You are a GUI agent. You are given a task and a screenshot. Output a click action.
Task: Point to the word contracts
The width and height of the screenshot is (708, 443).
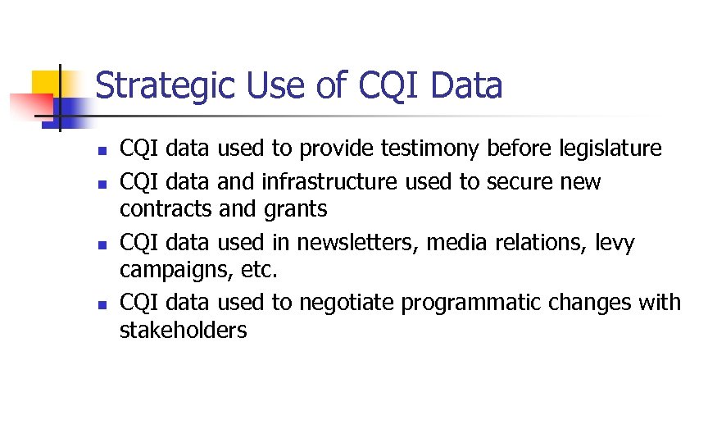click(166, 210)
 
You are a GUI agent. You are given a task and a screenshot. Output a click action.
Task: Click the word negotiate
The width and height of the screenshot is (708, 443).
click(346, 303)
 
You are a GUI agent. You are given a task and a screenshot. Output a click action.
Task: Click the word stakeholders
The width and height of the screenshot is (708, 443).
click(183, 331)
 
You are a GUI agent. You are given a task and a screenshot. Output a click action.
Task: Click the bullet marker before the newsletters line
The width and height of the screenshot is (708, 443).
click(100, 244)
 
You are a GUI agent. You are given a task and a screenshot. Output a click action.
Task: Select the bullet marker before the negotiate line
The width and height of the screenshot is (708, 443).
click(100, 304)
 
